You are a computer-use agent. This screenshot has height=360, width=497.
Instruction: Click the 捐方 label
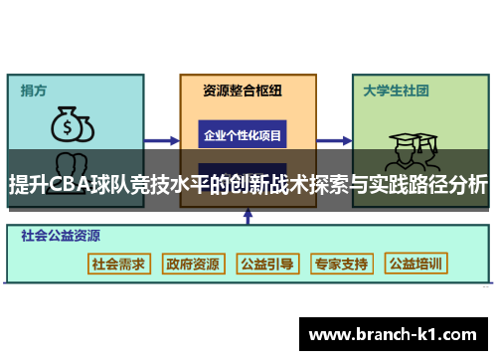35,90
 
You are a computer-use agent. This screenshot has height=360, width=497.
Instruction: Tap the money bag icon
71,125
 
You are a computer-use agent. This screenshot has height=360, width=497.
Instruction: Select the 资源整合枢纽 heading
243,90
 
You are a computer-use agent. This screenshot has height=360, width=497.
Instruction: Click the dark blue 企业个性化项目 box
243,134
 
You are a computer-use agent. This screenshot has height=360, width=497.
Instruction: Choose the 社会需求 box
118,265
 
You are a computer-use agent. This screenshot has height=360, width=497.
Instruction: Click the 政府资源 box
193,265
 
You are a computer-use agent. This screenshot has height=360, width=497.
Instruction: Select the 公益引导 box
267,265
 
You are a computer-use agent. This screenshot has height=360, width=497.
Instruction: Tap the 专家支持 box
341,265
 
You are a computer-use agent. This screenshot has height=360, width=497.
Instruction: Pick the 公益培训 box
416,265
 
